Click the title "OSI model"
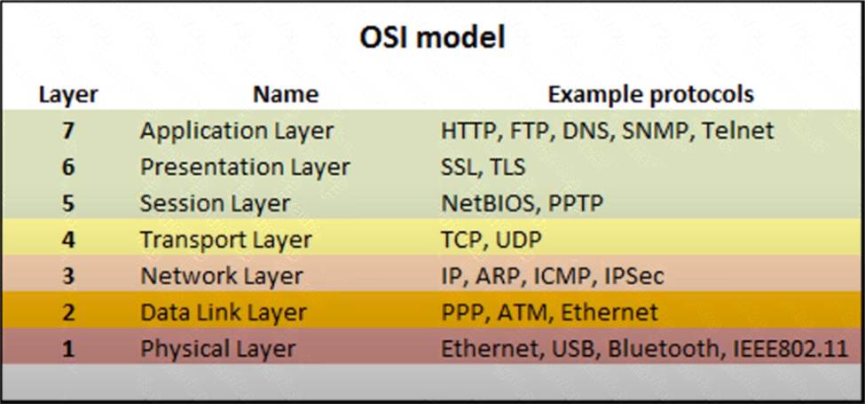point(433,38)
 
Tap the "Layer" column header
point(68,95)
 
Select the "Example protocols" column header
point(650,94)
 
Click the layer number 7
point(67,131)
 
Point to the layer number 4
point(67,240)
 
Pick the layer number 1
point(67,349)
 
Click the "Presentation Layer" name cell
point(245,167)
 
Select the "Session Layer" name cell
point(216,203)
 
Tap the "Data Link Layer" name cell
point(224,313)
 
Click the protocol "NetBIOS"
point(488,203)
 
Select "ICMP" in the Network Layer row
point(562,276)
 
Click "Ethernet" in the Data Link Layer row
point(609,312)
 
